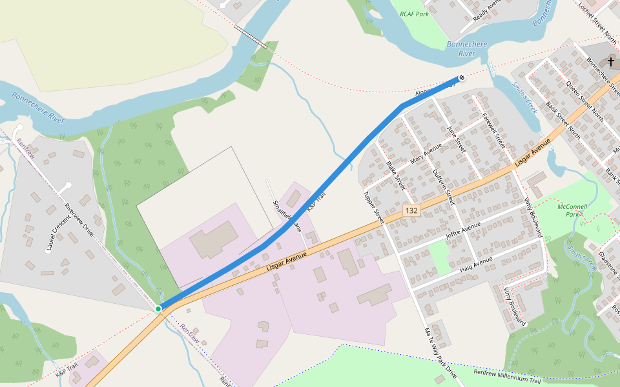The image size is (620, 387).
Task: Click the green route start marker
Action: tap(158, 309)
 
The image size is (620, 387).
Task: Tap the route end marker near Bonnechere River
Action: tap(461, 79)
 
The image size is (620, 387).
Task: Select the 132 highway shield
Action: tap(411, 210)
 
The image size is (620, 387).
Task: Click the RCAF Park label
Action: tap(414, 14)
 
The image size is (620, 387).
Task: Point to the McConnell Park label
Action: tap(570, 210)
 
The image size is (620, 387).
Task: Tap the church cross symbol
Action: tap(611, 62)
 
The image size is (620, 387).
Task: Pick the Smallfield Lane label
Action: tap(287, 215)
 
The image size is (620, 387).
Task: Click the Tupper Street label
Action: tap(374, 208)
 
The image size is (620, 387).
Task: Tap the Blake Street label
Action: tap(395, 175)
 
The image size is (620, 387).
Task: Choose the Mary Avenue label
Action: tap(426, 154)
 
